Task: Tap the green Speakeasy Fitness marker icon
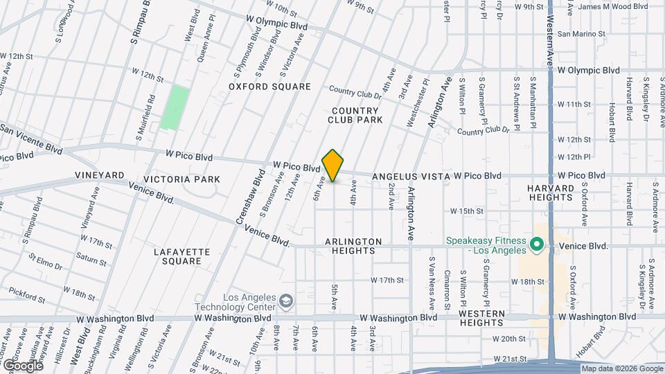[535, 245]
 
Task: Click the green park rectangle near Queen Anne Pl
[175, 107]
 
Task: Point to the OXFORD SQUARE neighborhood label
[270, 87]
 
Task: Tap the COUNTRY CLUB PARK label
[355, 115]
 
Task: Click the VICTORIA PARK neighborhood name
[186, 179]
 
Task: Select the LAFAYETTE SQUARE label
[177, 256]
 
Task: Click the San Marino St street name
[581, 33]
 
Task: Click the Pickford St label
[28, 296]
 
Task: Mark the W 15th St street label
[465, 211]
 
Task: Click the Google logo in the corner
[22, 365]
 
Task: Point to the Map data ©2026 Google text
[621, 368]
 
